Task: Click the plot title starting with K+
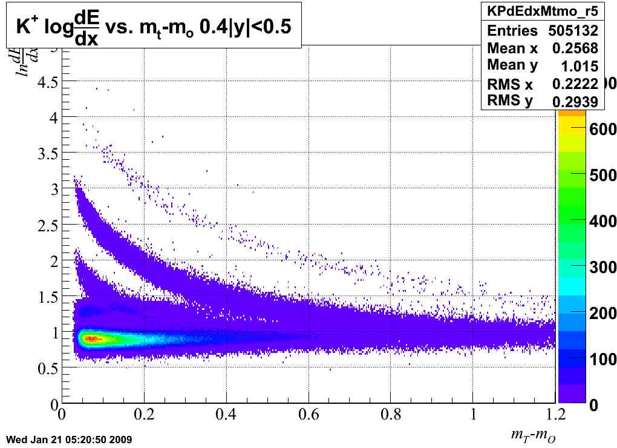tap(154, 28)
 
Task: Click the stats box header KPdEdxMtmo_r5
tap(542, 10)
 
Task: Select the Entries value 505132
tap(573, 31)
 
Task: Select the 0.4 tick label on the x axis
tap(226, 416)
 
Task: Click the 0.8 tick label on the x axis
tap(391, 416)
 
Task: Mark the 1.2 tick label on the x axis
tap(555, 416)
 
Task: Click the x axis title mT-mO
tap(533, 435)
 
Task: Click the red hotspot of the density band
tap(91, 338)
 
